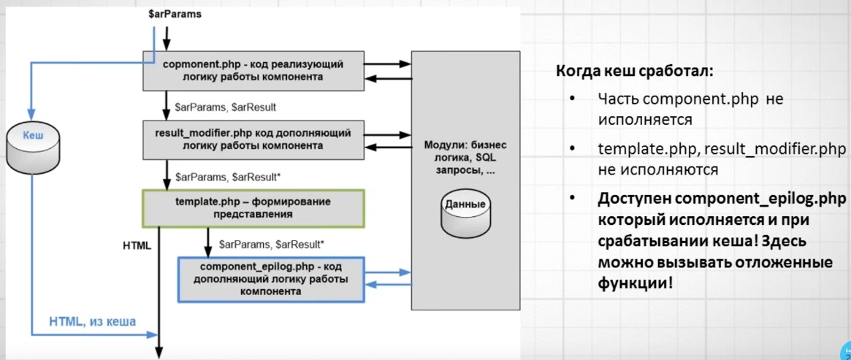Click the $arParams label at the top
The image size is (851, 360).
coord(175,15)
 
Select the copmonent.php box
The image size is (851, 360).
coord(253,71)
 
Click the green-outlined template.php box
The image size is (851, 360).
coord(253,208)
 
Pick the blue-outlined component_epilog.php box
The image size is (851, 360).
coord(271,279)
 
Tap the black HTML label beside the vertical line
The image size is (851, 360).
coord(137,245)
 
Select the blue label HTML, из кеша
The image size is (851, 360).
coord(92,321)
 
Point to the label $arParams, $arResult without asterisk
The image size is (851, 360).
coord(226,107)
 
